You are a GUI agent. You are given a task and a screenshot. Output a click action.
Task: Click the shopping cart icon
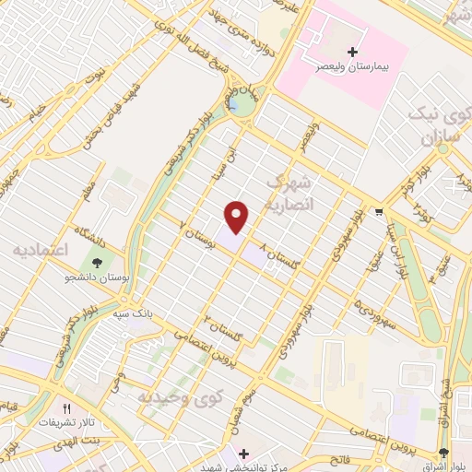tap(379, 212)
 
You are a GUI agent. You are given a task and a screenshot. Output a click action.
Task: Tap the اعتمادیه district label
tap(41, 250)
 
